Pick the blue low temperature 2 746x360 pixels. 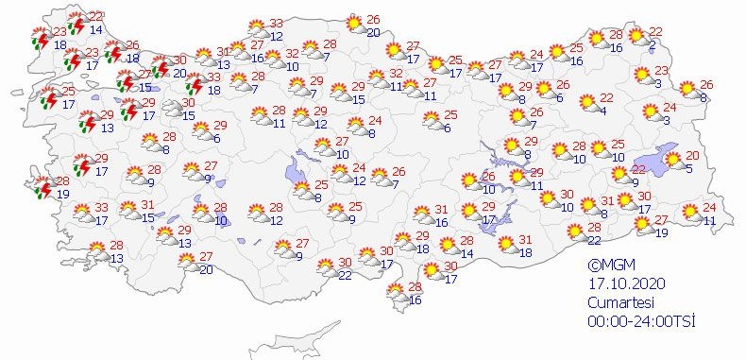pos(653,44)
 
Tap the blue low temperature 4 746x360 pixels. pos(602,111)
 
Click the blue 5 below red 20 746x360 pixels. pos(689,168)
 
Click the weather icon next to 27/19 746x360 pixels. pos(640,227)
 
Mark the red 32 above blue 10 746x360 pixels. pos(292,54)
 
